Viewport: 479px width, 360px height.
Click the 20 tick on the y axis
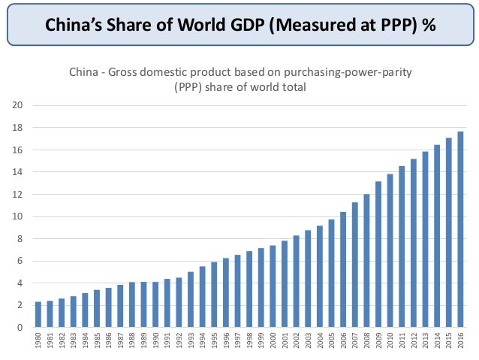tap(19, 105)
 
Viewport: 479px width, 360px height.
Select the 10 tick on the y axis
tap(19, 216)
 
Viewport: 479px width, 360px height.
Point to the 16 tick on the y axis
tap(19, 150)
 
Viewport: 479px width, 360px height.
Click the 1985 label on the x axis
tap(97, 342)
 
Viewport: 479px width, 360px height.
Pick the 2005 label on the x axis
tap(331, 342)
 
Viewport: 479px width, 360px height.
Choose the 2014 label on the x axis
tap(436, 342)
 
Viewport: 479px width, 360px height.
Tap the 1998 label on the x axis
tap(249, 342)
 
